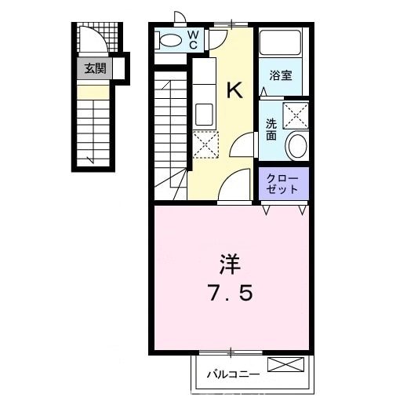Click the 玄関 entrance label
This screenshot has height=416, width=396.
coord(95,68)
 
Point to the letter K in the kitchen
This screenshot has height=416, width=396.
coord(234,89)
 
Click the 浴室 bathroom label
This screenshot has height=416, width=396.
coord(281,76)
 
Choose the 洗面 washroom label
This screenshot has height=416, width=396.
coord(271,129)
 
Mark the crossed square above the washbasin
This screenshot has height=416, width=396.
coord(296,114)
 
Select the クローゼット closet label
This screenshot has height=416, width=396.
coord(283,184)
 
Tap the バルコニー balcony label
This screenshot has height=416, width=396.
coord(232,374)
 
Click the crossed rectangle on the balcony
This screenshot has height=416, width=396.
coord(284,364)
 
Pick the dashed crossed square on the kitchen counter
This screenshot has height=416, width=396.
coord(205,144)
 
